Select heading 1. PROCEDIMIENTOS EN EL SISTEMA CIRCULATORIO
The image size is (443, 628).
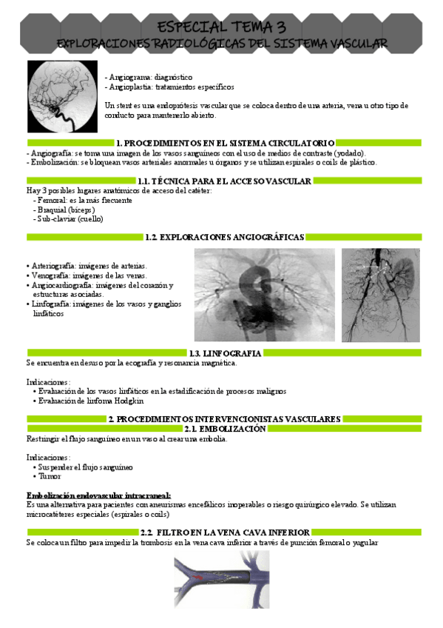(225, 143)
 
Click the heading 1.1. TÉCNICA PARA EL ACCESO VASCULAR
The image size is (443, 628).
(224, 181)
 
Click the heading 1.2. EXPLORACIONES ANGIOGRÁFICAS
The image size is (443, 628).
(225, 237)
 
